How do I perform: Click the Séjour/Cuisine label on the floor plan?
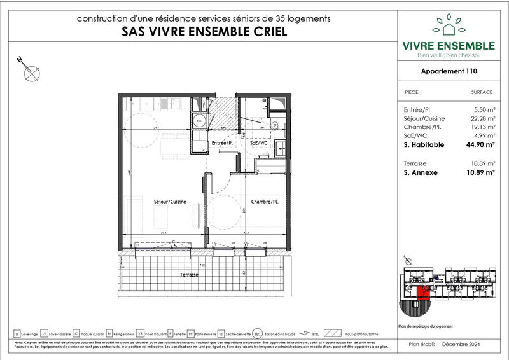click(170, 202)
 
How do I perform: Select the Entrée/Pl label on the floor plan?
click(223, 144)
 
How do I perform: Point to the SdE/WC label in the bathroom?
click(259, 144)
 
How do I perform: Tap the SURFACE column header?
click(482, 92)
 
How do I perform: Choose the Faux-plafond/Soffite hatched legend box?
click(333, 333)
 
